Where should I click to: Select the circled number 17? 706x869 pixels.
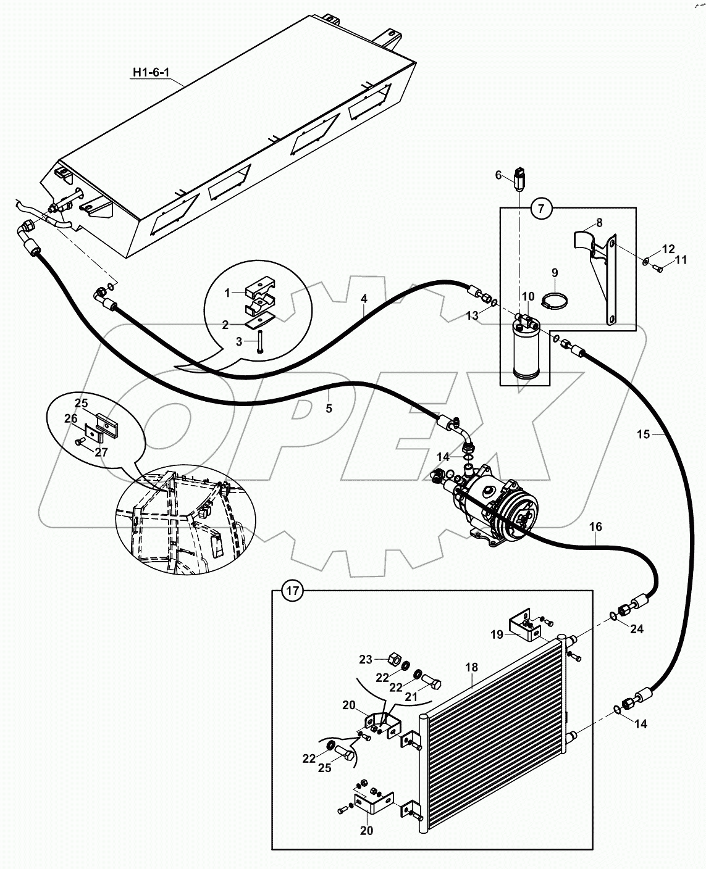[x=293, y=591]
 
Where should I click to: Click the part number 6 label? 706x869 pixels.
[x=498, y=175]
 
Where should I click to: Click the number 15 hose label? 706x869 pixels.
[x=643, y=434]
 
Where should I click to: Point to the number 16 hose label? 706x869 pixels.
[x=595, y=526]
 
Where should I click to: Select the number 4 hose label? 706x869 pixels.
[x=364, y=299]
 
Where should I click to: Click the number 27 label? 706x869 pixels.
[x=101, y=452]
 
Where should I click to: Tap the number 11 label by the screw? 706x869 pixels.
[x=681, y=260]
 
